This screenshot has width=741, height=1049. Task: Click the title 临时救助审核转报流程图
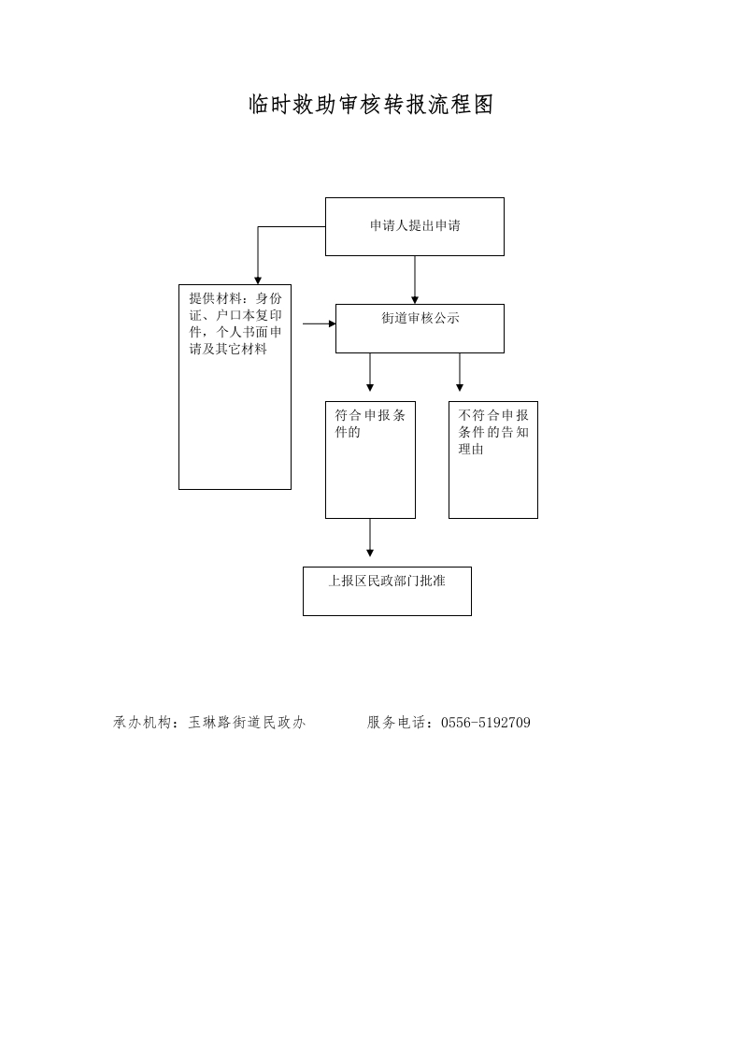coord(371,105)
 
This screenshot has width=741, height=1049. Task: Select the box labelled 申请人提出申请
coord(415,227)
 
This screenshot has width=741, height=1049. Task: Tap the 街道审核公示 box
coord(420,328)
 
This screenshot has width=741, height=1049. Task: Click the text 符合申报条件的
coord(370,424)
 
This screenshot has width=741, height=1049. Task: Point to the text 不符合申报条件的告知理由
coord(492,432)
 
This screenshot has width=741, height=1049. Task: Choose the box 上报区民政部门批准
coord(387,592)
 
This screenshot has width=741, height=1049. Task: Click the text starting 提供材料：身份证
coord(235,323)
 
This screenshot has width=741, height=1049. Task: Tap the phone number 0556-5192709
coord(486,723)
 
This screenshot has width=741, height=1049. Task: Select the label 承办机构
coord(138,723)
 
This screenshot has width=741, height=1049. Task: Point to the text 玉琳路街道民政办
coord(247,723)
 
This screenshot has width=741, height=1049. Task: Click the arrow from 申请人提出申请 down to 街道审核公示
coord(415,280)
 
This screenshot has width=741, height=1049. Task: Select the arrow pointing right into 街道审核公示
coord(320,323)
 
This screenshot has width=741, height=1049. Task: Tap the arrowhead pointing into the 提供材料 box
coord(258,281)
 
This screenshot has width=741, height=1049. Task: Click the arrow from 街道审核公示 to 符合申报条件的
coord(370,373)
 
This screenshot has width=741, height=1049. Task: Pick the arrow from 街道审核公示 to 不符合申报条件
coord(460,373)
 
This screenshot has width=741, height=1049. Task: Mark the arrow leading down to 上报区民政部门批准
coord(370,538)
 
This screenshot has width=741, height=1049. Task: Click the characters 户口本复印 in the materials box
coord(249,315)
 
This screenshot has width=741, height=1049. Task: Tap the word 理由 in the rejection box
coord(471,450)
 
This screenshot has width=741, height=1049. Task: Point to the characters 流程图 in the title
coord(461,105)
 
